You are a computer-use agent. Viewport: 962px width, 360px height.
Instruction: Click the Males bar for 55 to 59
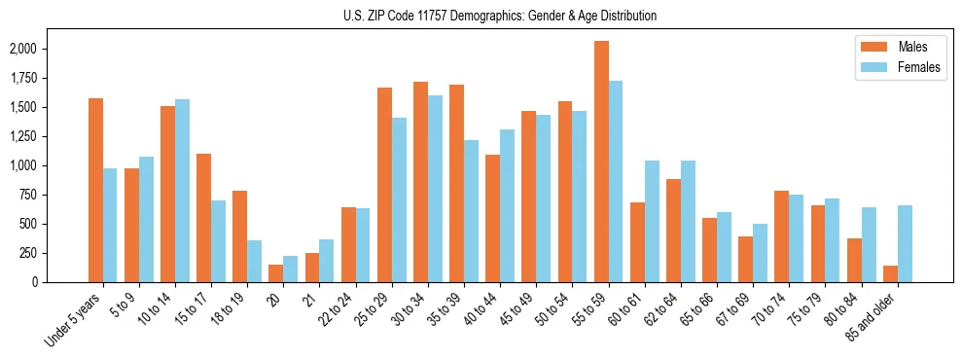pyautogui.click(x=601, y=162)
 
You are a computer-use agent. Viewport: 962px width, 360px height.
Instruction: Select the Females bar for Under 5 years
pyautogui.click(x=110, y=226)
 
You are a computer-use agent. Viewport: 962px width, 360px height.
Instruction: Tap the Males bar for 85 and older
pyautogui.click(x=890, y=273)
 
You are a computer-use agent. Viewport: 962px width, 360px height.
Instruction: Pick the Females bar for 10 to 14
pyautogui.click(x=182, y=191)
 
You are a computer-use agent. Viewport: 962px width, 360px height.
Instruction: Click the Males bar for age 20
pyautogui.click(x=276, y=273)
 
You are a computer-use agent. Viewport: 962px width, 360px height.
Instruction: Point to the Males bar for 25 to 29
pyautogui.click(x=384, y=185)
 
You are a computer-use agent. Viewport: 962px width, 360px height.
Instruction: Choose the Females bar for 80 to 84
pyautogui.click(x=869, y=244)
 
